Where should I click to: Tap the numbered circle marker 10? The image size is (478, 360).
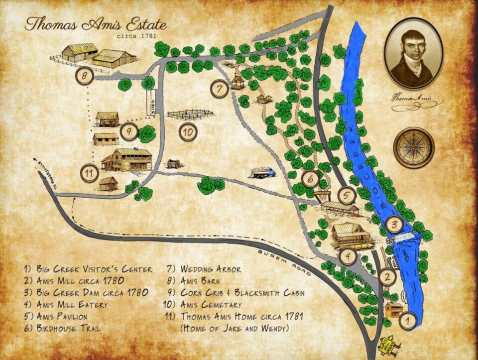tap(188, 132)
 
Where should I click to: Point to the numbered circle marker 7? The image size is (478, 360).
tap(219, 89)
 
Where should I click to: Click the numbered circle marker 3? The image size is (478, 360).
tap(394, 225)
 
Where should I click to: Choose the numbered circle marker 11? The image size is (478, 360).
tap(89, 173)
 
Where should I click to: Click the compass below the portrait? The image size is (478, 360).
tap(414, 147)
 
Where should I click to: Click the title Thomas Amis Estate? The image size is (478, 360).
tap(95, 23)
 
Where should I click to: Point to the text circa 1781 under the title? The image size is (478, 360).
tap(133, 36)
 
